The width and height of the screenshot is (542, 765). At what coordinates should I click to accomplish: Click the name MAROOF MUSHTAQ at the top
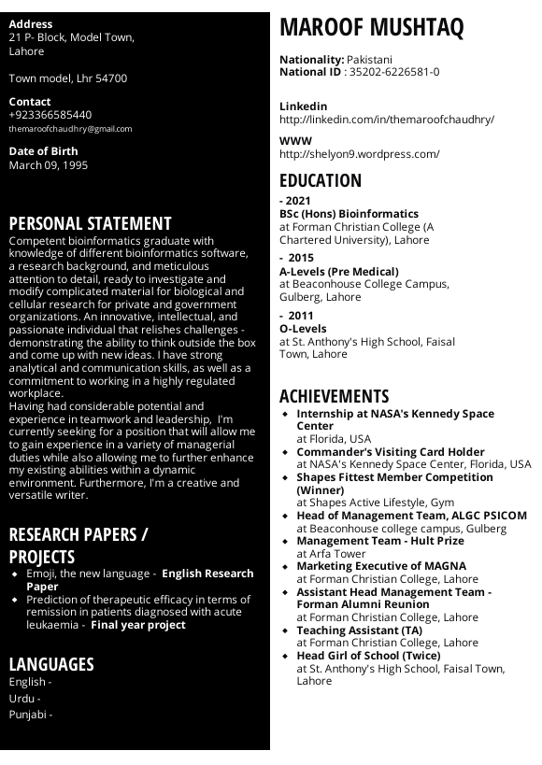[371, 28]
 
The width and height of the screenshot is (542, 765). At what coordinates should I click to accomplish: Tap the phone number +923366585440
[50, 115]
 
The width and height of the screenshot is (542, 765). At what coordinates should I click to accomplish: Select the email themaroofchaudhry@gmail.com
[70, 129]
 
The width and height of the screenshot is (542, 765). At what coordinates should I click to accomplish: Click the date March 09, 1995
[49, 165]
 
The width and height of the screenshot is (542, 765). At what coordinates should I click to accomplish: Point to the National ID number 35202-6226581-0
[394, 72]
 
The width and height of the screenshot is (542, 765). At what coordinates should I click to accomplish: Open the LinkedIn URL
[387, 120]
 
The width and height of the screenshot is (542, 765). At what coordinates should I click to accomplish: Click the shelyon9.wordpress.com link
[360, 154]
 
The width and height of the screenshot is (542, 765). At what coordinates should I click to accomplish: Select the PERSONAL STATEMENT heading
[91, 224]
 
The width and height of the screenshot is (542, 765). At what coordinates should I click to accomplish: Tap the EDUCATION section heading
[321, 181]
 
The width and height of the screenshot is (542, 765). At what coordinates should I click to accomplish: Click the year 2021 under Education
[298, 201]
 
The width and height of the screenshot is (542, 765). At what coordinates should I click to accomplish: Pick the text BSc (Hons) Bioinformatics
[349, 214]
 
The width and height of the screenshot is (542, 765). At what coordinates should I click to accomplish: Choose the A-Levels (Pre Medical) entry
[339, 272]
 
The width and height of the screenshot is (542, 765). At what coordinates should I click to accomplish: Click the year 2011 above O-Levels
[301, 316]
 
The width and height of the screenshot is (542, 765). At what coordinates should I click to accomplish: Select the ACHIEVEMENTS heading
[334, 396]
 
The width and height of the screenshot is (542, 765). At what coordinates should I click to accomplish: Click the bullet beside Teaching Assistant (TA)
[285, 630]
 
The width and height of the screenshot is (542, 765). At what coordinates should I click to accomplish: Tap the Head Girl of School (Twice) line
[368, 656]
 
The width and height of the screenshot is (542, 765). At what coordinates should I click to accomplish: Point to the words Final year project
[138, 625]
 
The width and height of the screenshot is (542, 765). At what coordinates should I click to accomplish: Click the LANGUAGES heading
[51, 664]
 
